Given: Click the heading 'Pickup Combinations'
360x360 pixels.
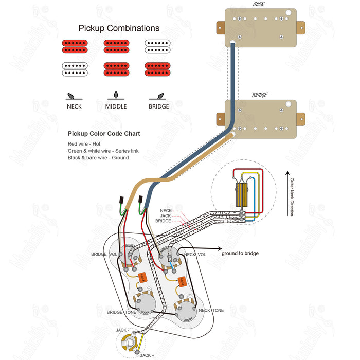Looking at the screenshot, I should [x=119, y=28].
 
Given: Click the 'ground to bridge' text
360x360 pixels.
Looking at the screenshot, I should [x=240, y=253].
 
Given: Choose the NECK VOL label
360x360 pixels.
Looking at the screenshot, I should [x=195, y=255].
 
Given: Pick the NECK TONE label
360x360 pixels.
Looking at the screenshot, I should [x=211, y=311].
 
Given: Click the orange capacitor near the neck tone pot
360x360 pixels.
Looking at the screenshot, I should [x=182, y=282].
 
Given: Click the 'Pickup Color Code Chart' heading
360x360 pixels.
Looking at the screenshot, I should [x=104, y=134].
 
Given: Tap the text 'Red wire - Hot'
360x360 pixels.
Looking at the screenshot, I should [x=84, y=143].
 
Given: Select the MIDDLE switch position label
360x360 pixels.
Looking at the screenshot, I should [x=116, y=106].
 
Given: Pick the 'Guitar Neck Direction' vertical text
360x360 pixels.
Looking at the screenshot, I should [x=292, y=197].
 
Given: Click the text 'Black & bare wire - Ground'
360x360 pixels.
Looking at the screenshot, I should [x=98, y=158].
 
